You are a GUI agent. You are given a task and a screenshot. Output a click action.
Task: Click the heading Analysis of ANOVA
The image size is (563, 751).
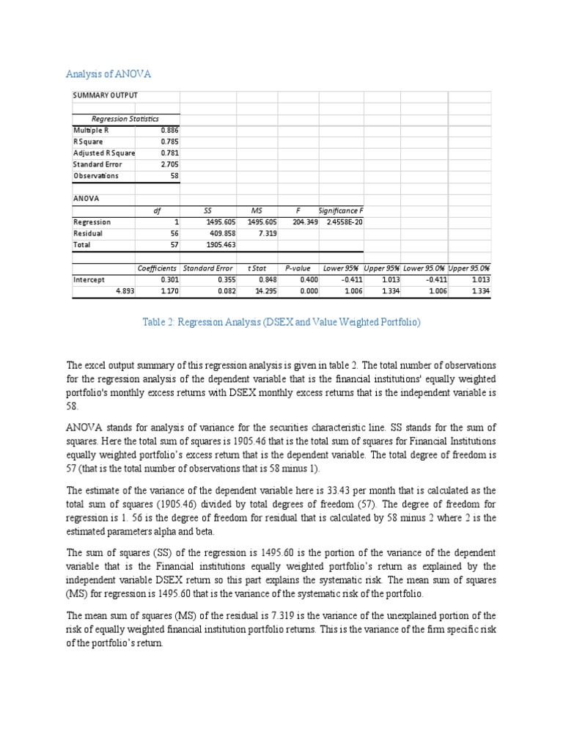point(108,73)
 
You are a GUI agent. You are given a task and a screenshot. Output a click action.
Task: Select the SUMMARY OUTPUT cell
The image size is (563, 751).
point(105,95)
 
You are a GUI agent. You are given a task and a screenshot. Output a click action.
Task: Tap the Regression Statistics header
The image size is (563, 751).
point(125,119)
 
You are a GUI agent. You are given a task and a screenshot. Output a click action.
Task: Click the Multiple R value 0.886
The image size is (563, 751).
point(169,130)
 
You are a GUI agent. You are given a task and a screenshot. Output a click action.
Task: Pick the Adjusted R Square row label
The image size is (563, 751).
point(104,153)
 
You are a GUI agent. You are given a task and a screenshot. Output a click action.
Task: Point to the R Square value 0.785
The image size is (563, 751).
point(169,142)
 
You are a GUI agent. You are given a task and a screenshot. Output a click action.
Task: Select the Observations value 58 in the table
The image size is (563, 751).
point(174,176)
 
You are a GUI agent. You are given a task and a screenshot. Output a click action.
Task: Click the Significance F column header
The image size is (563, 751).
point(341,210)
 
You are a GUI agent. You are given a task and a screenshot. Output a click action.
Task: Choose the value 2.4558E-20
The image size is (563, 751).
point(342,221)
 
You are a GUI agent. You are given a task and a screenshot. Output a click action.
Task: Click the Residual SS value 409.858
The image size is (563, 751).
point(221,233)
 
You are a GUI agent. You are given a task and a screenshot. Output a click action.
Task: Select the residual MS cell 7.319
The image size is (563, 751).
point(267,233)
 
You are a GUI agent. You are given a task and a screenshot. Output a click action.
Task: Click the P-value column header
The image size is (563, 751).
point(298,268)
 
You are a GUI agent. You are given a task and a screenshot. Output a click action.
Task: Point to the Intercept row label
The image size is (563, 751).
point(89,279)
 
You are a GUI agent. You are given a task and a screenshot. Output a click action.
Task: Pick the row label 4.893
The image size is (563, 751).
point(125,291)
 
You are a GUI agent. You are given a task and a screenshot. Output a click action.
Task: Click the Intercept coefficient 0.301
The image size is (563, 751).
point(169,279)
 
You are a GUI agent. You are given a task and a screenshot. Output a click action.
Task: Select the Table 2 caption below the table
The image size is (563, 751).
point(281,322)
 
